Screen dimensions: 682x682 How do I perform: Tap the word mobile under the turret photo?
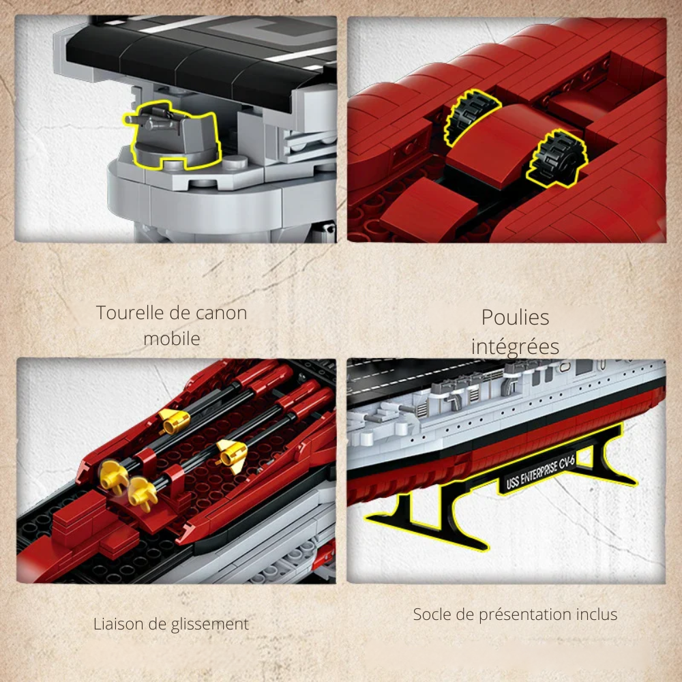(x=171, y=338)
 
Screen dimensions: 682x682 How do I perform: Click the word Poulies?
(x=515, y=318)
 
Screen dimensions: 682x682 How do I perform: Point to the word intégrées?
(x=515, y=346)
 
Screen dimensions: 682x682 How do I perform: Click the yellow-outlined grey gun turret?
(x=174, y=140)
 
